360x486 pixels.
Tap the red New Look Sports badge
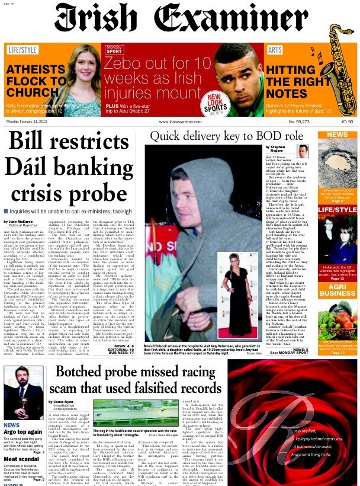(x=233, y=103)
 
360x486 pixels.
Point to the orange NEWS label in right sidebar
(x=337, y=135)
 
